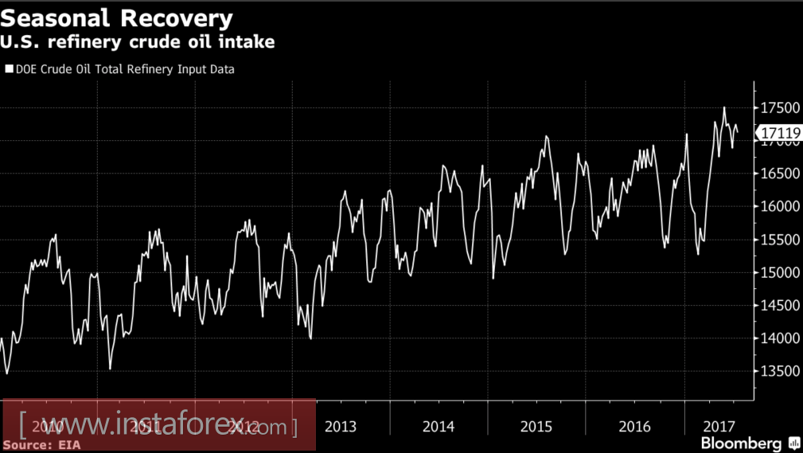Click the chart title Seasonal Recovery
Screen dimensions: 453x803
(x=117, y=18)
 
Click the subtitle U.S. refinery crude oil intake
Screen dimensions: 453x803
(x=139, y=42)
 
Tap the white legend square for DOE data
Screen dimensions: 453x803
(x=10, y=69)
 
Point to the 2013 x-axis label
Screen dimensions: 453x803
(x=341, y=427)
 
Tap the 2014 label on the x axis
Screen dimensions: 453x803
(x=439, y=427)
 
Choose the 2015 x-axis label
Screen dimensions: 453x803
(x=536, y=427)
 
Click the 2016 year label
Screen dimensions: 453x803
(x=634, y=427)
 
